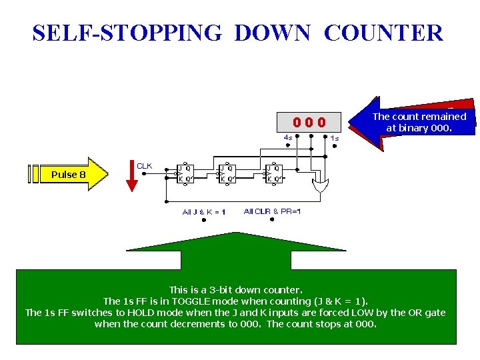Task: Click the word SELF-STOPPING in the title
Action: point(126,33)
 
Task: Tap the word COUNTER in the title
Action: point(383,33)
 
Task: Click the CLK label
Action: point(145,165)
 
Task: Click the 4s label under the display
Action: point(288,138)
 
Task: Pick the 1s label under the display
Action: point(335,138)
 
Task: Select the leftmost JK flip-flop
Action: point(185,174)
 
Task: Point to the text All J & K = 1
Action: point(204,212)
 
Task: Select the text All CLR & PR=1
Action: point(272,212)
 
